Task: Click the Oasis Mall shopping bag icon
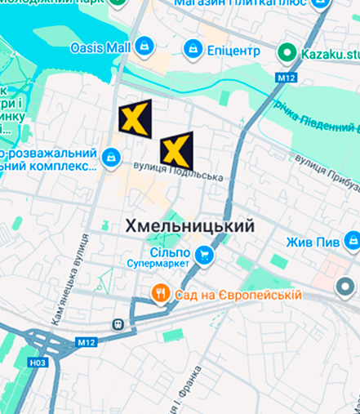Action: coord(144,47)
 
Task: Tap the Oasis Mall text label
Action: coord(100,47)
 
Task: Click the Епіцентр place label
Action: coord(234,51)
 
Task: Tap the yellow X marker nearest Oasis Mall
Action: coord(135,118)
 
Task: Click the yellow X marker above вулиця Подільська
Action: coord(176,149)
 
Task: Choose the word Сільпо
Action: coord(171,252)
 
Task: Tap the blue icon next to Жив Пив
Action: coord(351,242)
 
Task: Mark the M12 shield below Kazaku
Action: coord(285,78)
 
